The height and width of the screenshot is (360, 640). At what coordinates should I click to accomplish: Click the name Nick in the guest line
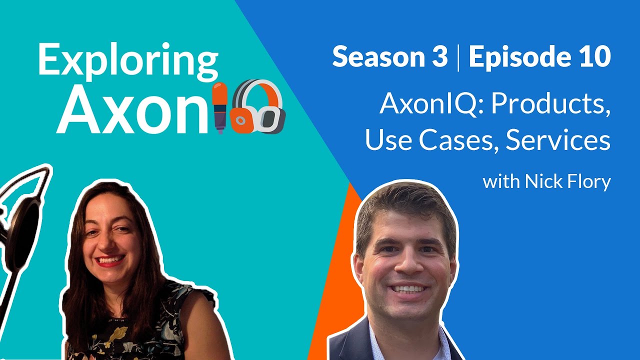point(542,182)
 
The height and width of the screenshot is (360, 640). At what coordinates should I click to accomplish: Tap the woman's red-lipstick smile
point(109,260)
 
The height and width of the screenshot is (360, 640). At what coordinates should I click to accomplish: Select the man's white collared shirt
point(380,345)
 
